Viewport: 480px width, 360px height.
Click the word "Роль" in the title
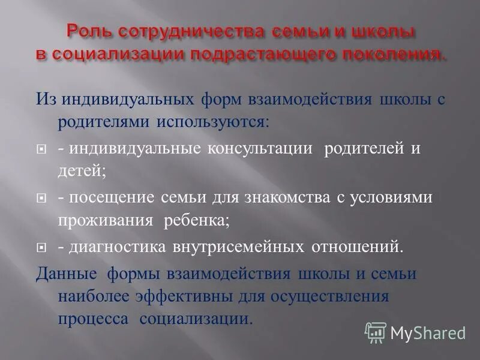point(88,31)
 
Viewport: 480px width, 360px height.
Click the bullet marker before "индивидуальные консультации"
point(41,149)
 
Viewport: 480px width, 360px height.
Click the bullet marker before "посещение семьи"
point(41,198)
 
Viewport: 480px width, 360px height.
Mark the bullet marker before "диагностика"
point(41,247)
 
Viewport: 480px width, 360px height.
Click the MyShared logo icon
point(376,332)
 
